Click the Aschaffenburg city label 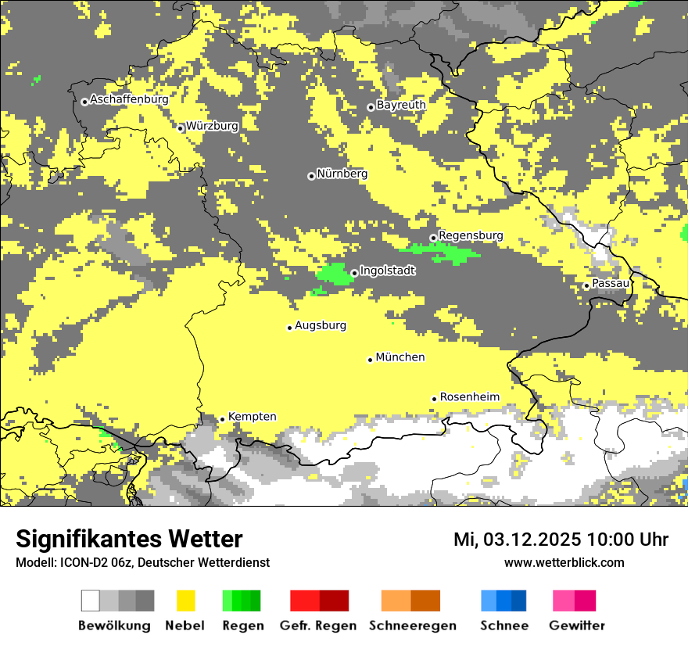point(129,99)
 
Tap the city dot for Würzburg point(180,128)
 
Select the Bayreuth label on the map point(401,104)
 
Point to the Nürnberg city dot point(311,176)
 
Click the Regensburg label point(471,235)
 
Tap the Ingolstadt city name point(388,270)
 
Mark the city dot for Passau point(586,285)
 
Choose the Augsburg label point(321,324)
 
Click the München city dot point(370,360)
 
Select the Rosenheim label point(469,396)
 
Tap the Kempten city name point(253,417)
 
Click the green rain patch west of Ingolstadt point(335,274)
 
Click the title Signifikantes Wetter point(129,539)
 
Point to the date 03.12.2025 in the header point(532,539)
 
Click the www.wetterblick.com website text point(564,562)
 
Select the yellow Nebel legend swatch point(186,601)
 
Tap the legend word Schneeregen point(413,626)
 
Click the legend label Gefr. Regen point(318,626)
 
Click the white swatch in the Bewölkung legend point(90,601)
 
